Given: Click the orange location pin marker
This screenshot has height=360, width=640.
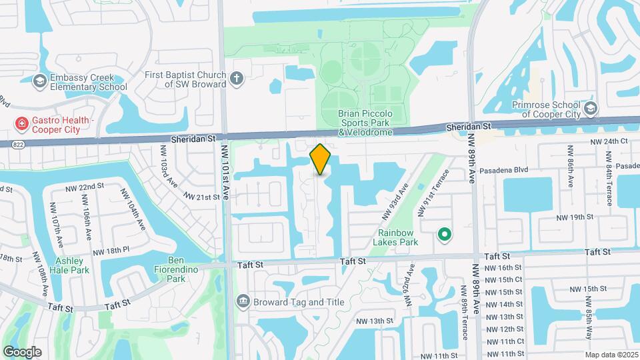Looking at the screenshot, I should (x=321, y=159).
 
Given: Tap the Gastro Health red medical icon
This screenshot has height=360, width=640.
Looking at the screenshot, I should (x=22, y=123).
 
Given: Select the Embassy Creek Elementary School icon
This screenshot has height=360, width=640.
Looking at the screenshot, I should (x=40, y=81).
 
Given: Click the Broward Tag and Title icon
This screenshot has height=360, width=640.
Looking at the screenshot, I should (x=243, y=302).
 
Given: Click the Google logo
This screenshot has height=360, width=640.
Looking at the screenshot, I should (x=23, y=351).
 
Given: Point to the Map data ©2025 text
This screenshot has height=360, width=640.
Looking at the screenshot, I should (x=611, y=355).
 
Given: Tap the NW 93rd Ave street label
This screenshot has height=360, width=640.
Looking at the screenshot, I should (x=394, y=204).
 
